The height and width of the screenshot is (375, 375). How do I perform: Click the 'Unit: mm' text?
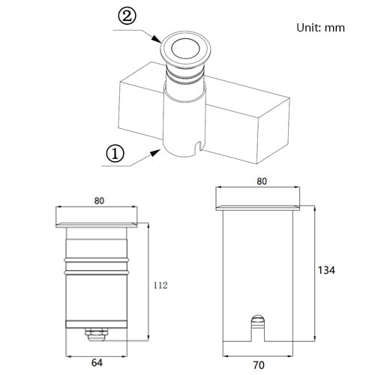(320, 28)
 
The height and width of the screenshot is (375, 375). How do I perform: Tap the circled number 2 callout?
(127, 16)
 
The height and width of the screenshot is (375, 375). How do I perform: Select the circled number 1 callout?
(115, 154)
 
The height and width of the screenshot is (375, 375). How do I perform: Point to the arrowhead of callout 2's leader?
(157, 39)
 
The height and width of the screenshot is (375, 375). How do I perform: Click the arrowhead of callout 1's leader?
(155, 152)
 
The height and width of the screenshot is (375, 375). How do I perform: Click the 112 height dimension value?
(160, 285)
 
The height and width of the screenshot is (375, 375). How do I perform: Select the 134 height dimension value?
(326, 270)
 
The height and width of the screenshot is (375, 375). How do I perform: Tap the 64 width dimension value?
(97, 363)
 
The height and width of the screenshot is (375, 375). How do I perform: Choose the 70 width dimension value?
(259, 365)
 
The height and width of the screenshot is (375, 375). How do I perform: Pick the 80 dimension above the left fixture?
(99, 201)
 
